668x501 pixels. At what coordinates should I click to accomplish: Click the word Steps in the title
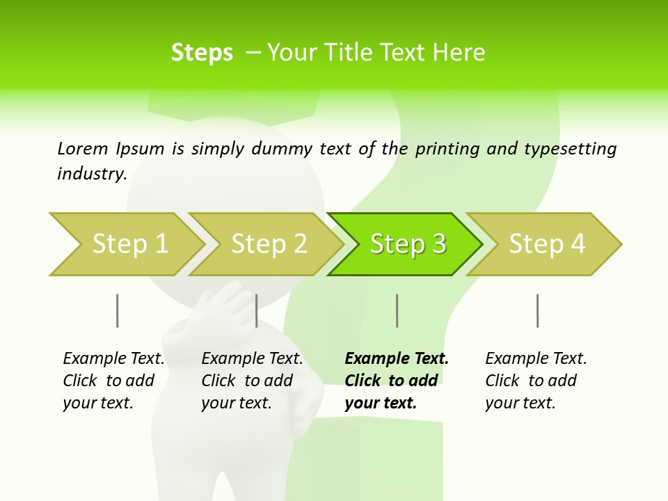point(202,53)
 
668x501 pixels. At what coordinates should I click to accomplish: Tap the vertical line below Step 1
point(118,310)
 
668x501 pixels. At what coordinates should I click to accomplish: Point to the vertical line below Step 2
point(257,310)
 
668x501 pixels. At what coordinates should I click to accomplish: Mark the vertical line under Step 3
point(397,310)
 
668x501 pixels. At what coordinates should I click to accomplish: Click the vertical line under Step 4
point(537,310)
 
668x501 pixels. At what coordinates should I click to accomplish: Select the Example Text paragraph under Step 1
point(113,381)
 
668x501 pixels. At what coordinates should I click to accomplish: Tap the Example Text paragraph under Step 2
point(252,381)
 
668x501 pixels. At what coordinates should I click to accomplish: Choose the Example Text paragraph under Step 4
point(536,381)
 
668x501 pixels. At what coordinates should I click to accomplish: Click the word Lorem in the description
point(83,149)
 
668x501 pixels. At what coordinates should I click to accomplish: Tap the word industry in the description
point(91,174)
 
